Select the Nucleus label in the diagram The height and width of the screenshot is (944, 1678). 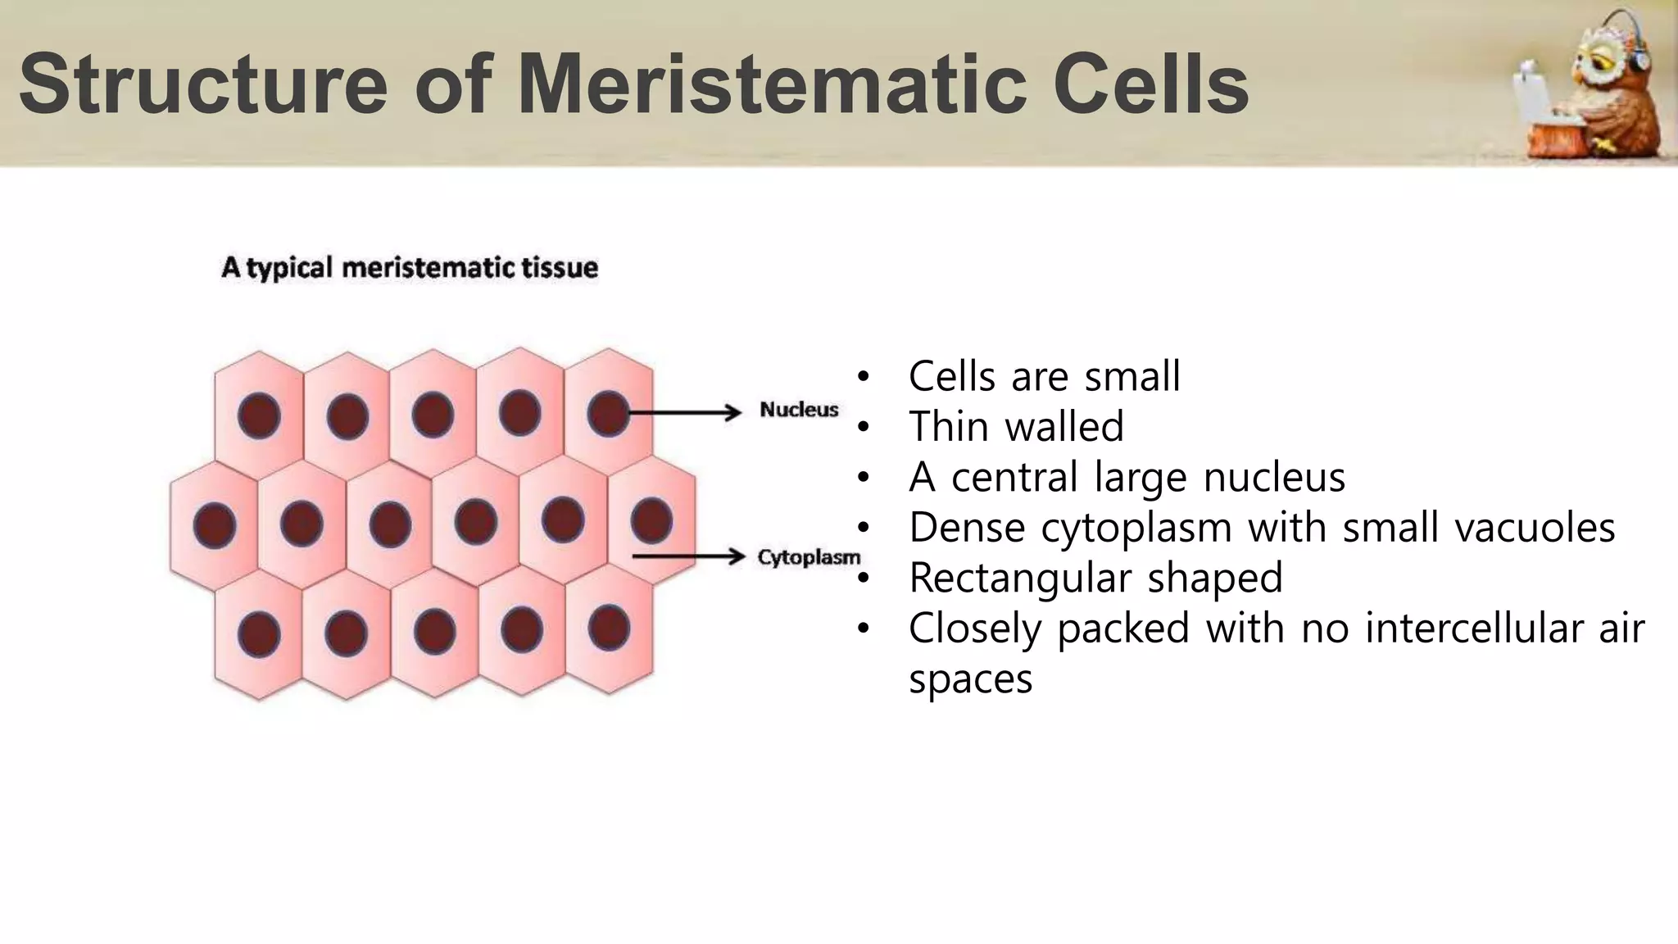[x=799, y=409]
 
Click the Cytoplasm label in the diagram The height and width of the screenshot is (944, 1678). [x=809, y=557]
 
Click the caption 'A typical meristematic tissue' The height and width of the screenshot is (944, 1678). [x=410, y=268]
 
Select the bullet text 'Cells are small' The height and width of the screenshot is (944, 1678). [x=1044, y=376]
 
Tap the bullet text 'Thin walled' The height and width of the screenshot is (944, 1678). [x=1016, y=426]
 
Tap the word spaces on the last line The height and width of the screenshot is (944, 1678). [x=970, y=679]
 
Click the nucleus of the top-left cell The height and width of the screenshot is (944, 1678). [x=259, y=415]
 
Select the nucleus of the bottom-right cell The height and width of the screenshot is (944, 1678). [x=609, y=627]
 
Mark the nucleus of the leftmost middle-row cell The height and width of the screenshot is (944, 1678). [x=215, y=524]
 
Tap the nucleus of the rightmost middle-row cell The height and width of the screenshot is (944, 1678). [x=651, y=520]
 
